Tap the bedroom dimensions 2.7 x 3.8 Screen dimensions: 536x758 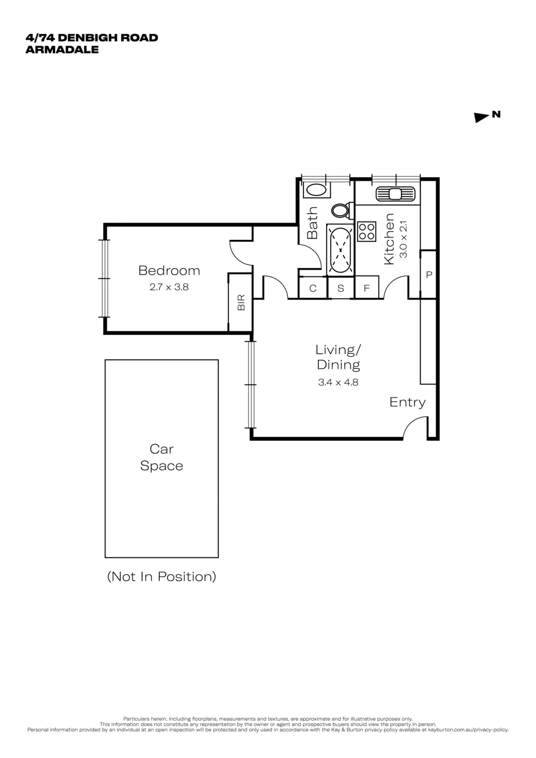point(169,287)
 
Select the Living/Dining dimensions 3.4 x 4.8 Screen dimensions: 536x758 point(338,382)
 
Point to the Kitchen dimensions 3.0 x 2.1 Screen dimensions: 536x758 point(404,239)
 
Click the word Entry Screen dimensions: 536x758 point(407,402)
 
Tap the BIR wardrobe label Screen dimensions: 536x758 point(241,302)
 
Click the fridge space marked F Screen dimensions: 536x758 point(367,288)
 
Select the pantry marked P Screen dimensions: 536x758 point(429,275)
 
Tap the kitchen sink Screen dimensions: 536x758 point(395,193)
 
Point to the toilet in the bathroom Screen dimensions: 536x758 point(341,210)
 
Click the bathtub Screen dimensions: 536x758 point(340,250)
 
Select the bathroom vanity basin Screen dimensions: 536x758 point(316,190)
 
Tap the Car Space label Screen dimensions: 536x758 point(161,457)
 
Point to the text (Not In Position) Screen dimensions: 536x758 point(162,577)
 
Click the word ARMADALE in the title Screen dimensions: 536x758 point(62,49)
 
